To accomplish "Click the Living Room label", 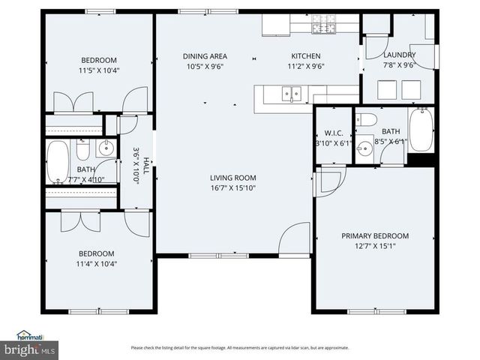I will pyautogui.click(x=232, y=178).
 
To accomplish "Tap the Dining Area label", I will pyautogui.click(x=205, y=56).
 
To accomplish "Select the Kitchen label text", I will pyautogui.click(x=305, y=56).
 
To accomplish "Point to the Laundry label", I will pyautogui.click(x=399, y=55).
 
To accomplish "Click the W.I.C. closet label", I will pyautogui.click(x=333, y=133).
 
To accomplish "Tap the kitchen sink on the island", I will pyautogui.click(x=290, y=94).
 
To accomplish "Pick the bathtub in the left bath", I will pyautogui.click(x=58, y=162).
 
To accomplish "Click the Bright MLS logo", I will pyautogui.click(x=30, y=349).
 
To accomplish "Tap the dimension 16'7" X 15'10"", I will pyautogui.click(x=232, y=188).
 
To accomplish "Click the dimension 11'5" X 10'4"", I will pyautogui.click(x=99, y=70).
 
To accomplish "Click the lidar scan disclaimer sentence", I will pyautogui.click(x=240, y=348).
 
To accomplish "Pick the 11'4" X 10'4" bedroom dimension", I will pyautogui.click(x=97, y=263).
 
